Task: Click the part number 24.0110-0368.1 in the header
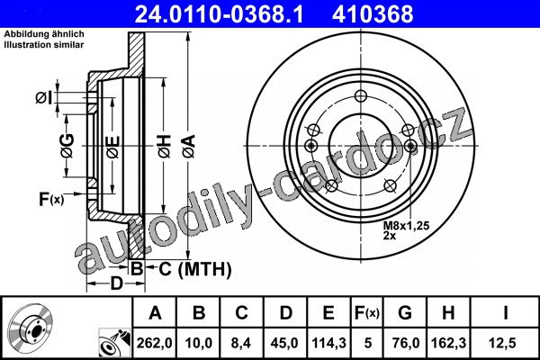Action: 219,14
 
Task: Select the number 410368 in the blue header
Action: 373,14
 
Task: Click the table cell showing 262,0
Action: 154,343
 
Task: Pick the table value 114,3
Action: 328,343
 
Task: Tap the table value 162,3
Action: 449,343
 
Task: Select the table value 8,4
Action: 240,343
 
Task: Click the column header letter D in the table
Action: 285,313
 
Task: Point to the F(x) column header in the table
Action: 367,313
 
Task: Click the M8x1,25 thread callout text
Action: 407,226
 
